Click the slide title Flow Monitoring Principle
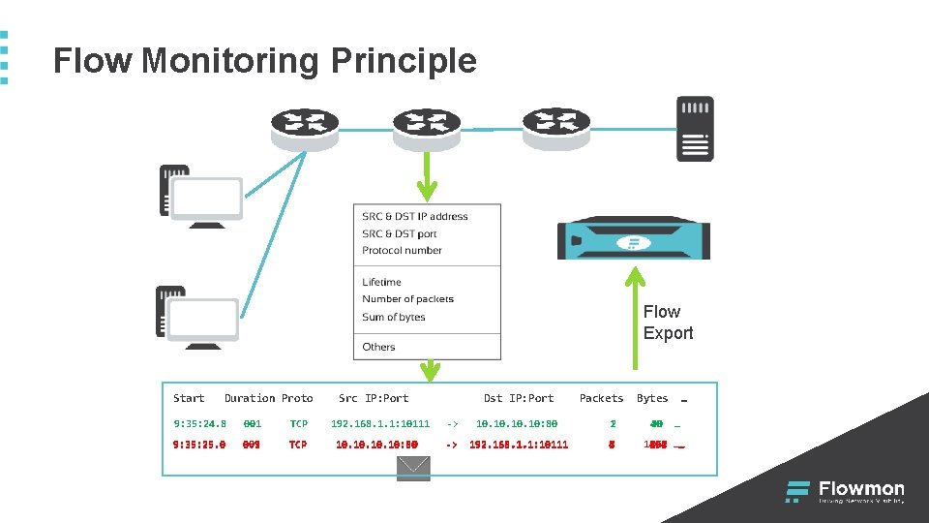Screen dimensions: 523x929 (x=264, y=61)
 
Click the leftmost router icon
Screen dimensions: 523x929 (x=305, y=127)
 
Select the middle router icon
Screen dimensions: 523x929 (x=427, y=127)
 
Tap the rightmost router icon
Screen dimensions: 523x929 (x=555, y=127)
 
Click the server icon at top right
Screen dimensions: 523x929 (x=695, y=128)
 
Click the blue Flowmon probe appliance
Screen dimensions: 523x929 (x=634, y=238)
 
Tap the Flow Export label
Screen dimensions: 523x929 (x=668, y=323)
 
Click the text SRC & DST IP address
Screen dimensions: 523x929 (x=414, y=217)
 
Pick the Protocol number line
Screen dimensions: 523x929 (x=402, y=251)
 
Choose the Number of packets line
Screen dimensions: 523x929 (x=407, y=299)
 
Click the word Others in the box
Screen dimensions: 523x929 (x=378, y=347)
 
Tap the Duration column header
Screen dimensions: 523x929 (x=250, y=398)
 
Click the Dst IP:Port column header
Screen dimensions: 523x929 (x=519, y=398)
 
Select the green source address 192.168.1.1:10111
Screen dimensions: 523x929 (x=380, y=423)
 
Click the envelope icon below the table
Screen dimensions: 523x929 (x=413, y=468)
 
